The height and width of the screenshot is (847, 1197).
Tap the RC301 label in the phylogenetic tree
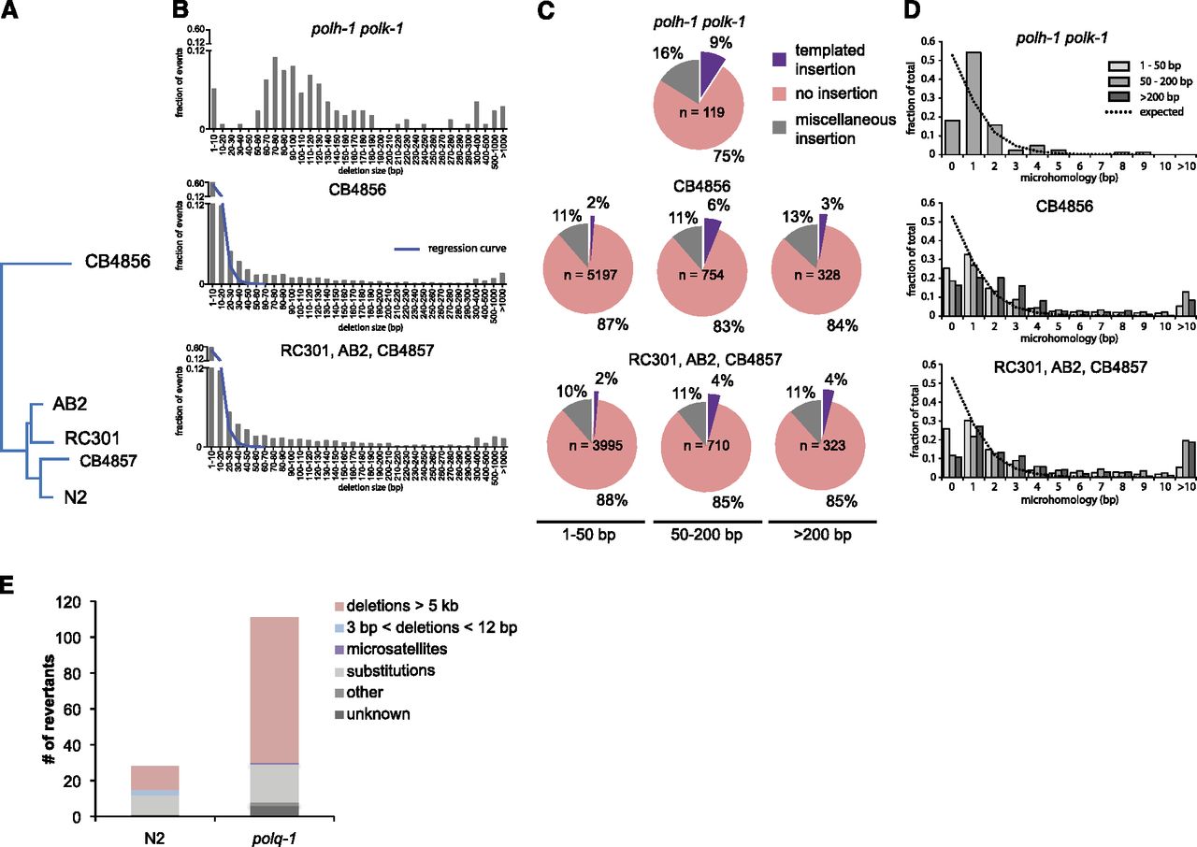[91, 438]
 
